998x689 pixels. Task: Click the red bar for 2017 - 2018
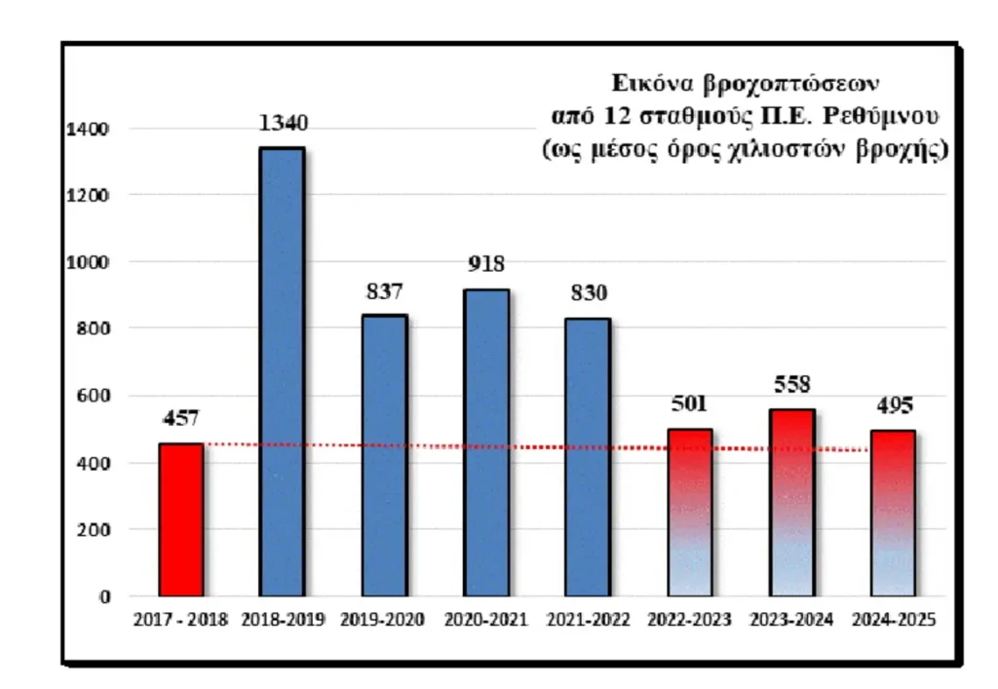(180, 519)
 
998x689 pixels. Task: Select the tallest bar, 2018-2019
(282, 371)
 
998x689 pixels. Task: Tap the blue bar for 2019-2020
(385, 455)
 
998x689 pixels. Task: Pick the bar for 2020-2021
(486, 442)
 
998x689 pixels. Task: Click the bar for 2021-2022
(589, 457)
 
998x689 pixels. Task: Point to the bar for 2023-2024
(792, 503)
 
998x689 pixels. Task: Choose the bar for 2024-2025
(893, 513)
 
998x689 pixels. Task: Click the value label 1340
(283, 124)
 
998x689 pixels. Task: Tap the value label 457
(180, 419)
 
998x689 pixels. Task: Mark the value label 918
(486, 265)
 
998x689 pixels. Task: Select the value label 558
(792, 384)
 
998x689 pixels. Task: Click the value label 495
(893, 406)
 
